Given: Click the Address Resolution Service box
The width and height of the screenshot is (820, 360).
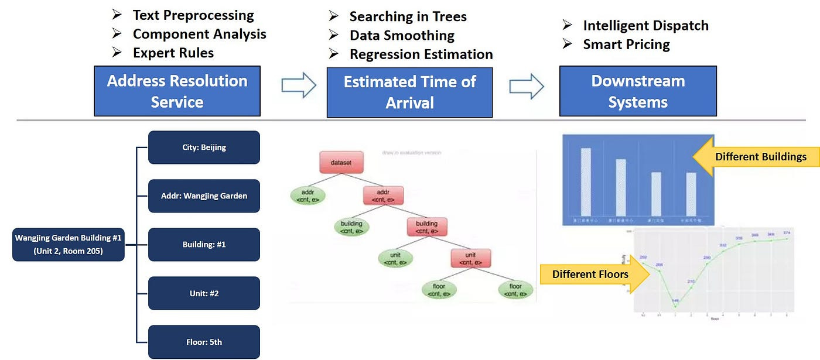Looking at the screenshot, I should click(177, 91).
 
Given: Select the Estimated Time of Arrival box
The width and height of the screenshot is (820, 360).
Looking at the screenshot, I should click(409, 92).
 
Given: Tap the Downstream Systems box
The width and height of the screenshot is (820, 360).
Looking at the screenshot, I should click(638, 91).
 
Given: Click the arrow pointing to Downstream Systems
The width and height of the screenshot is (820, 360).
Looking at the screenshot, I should click(526, 87).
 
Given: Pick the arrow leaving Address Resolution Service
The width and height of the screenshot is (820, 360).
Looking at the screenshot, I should click(299, 86).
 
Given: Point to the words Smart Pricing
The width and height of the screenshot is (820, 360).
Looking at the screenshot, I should click(626, 44).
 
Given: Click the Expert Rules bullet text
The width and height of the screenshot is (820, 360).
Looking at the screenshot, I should click(173, 53).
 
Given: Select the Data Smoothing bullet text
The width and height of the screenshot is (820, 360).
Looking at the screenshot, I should click(402, 35).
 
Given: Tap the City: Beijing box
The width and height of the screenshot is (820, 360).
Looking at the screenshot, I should click(204, 147).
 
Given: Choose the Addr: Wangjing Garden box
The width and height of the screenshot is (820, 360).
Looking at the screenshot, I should click(204, 196).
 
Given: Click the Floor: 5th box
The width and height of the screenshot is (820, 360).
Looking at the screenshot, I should click(204, 342).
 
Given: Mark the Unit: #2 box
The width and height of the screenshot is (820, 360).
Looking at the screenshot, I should click(204, 293).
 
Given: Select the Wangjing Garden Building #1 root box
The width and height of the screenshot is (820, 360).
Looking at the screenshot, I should click(68, 244).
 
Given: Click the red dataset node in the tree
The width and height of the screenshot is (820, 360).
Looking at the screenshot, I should click(341, 162).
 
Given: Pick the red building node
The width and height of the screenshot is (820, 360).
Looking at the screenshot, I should click(426, 227).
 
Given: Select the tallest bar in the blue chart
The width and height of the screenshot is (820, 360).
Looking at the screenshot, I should click(585, 183).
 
